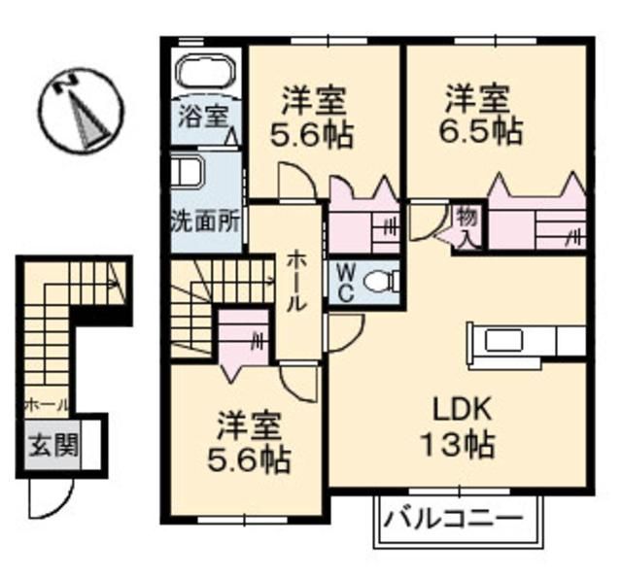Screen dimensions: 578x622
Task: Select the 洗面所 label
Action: tap(205, 220)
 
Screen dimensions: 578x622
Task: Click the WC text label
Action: tap(343, 282)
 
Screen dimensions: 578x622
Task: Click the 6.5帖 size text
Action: tap(483, 130)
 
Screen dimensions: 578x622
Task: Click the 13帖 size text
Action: tap(456, 446)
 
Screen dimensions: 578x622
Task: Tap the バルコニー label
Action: tap(452, 517)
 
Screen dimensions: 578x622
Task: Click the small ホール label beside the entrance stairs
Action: tap(46, 402)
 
